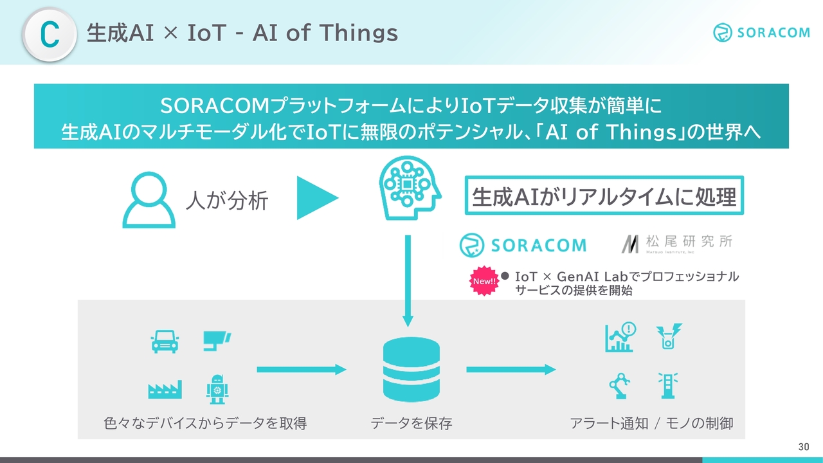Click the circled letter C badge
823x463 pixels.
point(50,35)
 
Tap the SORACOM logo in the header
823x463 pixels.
point(761,32)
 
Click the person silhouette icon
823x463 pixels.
point(149,199)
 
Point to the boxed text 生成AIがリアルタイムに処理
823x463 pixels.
point(604,195)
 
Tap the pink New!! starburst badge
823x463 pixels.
point(484,281)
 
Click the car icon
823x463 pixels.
point(165,341)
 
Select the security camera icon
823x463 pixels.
point(217,341)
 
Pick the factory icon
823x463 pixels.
point(165,390)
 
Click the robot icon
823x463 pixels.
point(217,390)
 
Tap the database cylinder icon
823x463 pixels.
point(411,369)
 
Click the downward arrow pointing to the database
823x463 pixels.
point(408,281)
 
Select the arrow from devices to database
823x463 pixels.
point(302,369)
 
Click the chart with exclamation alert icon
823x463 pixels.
point(620,337)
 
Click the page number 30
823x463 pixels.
point(804,447)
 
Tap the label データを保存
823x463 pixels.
point(411,423)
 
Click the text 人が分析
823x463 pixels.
point(227,201)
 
